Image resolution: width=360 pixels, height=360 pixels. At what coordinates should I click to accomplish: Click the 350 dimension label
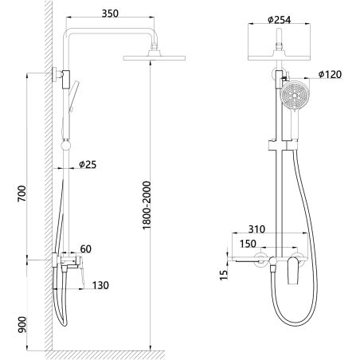coord(110,14)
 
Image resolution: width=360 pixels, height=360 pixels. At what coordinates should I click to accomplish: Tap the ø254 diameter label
coord(280,20)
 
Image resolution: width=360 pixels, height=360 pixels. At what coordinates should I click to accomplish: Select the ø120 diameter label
coord(330,74)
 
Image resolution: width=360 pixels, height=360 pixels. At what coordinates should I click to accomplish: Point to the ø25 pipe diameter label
coord(88,165)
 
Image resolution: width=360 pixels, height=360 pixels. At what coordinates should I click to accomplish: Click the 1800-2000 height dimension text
coord(147,205)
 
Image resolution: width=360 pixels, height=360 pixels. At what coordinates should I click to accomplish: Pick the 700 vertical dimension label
coord(22,194)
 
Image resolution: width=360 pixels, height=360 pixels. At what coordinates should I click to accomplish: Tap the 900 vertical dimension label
coord(22,325)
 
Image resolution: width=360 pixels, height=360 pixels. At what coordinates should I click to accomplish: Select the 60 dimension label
coord(85,249)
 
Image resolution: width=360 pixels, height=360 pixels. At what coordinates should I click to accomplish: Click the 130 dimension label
coord(100,285)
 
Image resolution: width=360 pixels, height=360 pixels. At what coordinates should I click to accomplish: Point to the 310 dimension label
coord(256,229)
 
